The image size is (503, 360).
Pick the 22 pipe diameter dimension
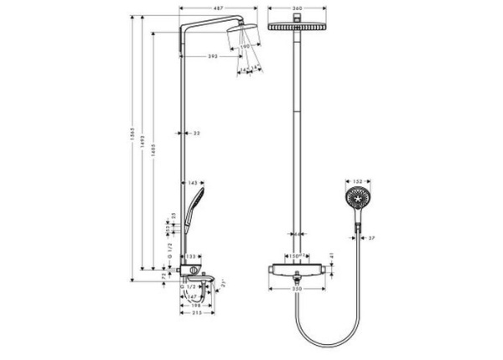pos(196,133)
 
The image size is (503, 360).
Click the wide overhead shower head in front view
pos(298,26)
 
